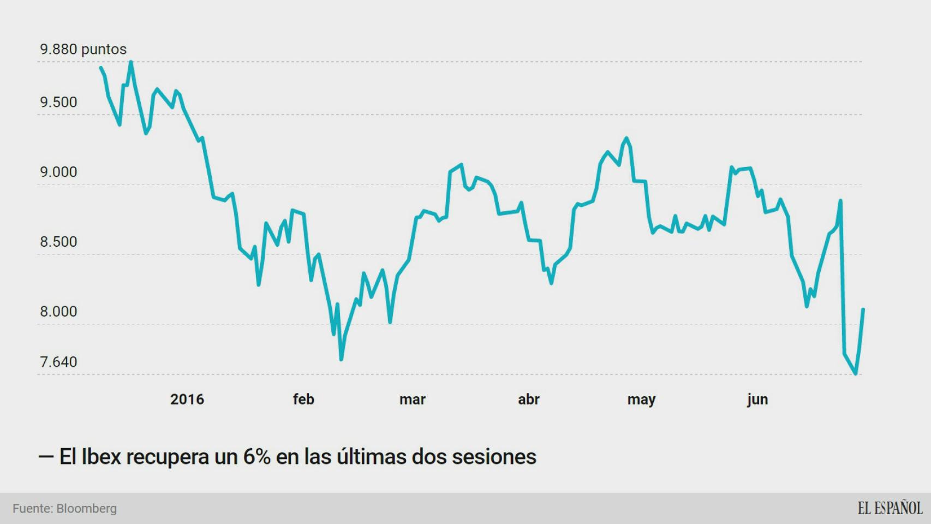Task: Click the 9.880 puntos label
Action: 83,49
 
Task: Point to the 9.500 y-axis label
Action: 58,102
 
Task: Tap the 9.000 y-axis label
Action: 58,172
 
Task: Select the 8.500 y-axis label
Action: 58,242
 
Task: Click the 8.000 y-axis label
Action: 58,312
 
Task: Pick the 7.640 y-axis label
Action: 58,362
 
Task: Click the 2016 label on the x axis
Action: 187,399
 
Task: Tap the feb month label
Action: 303,399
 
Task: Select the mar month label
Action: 412,399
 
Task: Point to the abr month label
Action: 528,399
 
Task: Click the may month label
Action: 641,399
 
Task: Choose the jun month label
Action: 757,399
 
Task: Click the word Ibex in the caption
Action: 101,456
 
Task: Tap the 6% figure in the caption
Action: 256,456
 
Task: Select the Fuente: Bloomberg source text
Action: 64,508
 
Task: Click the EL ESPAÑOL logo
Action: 890,508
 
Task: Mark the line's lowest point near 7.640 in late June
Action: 856,374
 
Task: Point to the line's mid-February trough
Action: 341,359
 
